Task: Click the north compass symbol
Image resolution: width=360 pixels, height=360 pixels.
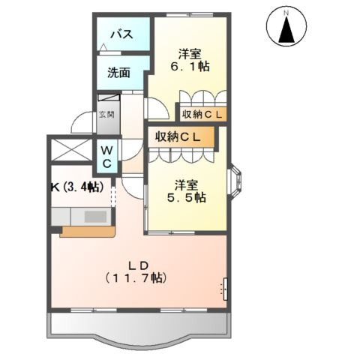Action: click(x=286, y=29)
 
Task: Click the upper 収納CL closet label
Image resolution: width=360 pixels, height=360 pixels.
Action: click(x=202, y=114)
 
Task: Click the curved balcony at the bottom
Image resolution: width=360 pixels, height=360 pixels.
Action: click(x=139, y=330)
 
